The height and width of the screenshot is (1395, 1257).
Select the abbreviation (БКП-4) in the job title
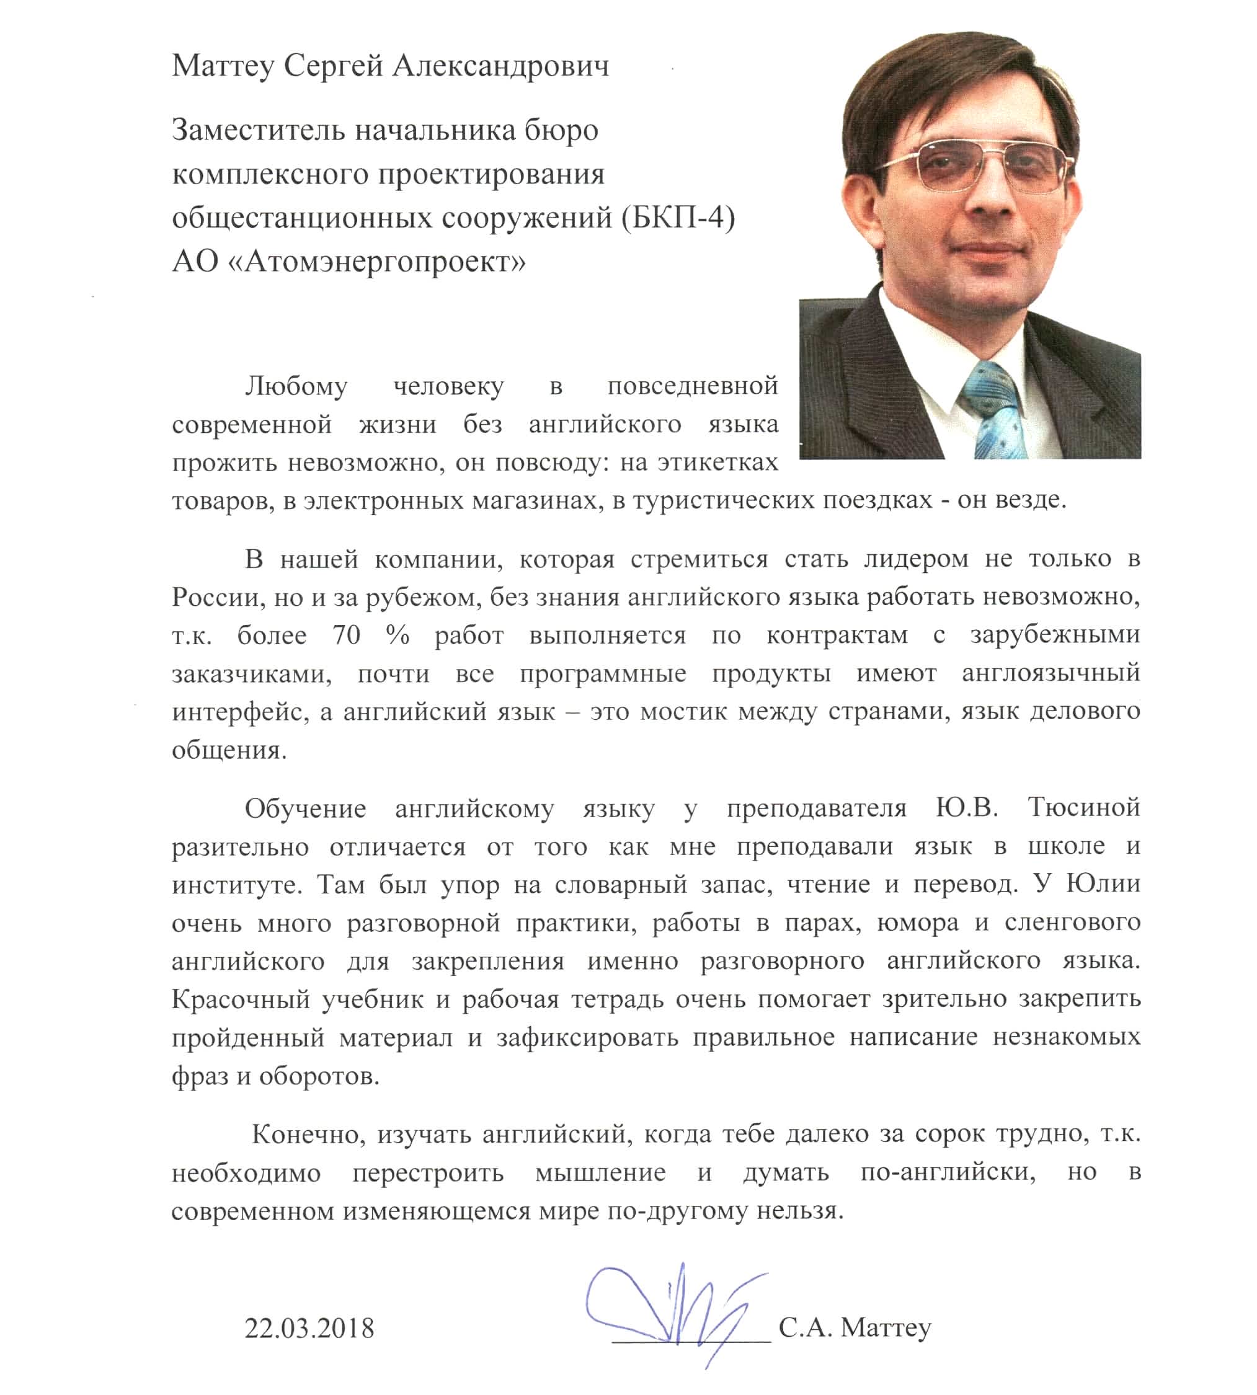tap(678, 218)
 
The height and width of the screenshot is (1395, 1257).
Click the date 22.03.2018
tap(309, 1328)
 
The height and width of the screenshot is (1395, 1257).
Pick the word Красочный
tap(241, 999)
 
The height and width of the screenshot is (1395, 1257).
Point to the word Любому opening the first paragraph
tap(296, 386)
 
